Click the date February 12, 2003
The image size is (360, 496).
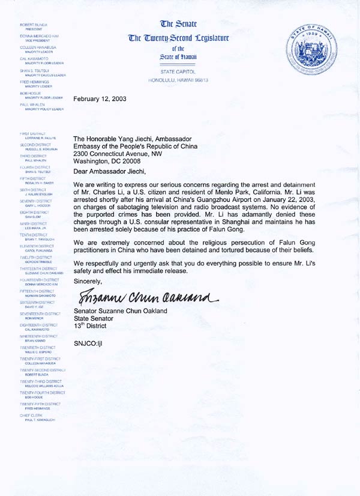(100, 98)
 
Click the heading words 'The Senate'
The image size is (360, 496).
(179, 25)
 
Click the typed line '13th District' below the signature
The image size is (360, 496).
(90, 325)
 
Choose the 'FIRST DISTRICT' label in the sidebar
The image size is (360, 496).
(33, 134)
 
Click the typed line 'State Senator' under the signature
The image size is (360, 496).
(93, 318)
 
